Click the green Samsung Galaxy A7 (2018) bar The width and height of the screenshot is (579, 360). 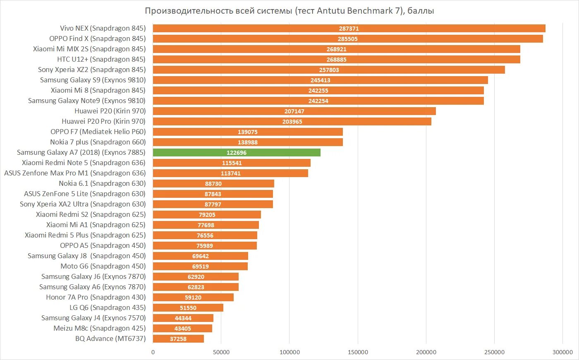click(x=237, y=152)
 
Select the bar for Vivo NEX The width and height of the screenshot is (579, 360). click(x=349, y=28)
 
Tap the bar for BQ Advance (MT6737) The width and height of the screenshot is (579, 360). click(x=178, y=338)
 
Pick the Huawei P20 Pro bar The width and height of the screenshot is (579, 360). click(x=292, y=121)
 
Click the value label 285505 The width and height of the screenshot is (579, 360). click(x=347, y=39)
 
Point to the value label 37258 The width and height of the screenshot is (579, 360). click(x=178, y=339)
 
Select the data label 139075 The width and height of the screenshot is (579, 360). click(x=248, y=132)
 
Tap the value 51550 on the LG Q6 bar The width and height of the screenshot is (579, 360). click(x=188, y=308)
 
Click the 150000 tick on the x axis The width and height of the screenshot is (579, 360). click(x=358, y=352)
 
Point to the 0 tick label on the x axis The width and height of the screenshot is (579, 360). click(x=153, y=352)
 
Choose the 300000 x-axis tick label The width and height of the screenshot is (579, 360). click(x=562, y=352)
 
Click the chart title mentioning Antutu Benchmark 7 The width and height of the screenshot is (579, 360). click(x=289, y=11)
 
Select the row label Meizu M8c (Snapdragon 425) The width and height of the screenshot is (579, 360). click(x=99, y=328)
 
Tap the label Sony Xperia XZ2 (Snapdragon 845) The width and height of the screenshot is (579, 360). click(x=92, y=70)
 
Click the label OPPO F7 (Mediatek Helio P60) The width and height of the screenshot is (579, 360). click(x=98, y=132)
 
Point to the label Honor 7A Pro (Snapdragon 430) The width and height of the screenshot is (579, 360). click(x=96, y=297)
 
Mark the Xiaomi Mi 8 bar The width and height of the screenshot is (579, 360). click(x=318, y=90)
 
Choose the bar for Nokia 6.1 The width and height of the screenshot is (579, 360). click(x=213, y=183)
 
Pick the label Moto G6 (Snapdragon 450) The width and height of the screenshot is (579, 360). click(x=103, y=266)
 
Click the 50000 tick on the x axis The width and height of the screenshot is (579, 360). click(x=221, y=352)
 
